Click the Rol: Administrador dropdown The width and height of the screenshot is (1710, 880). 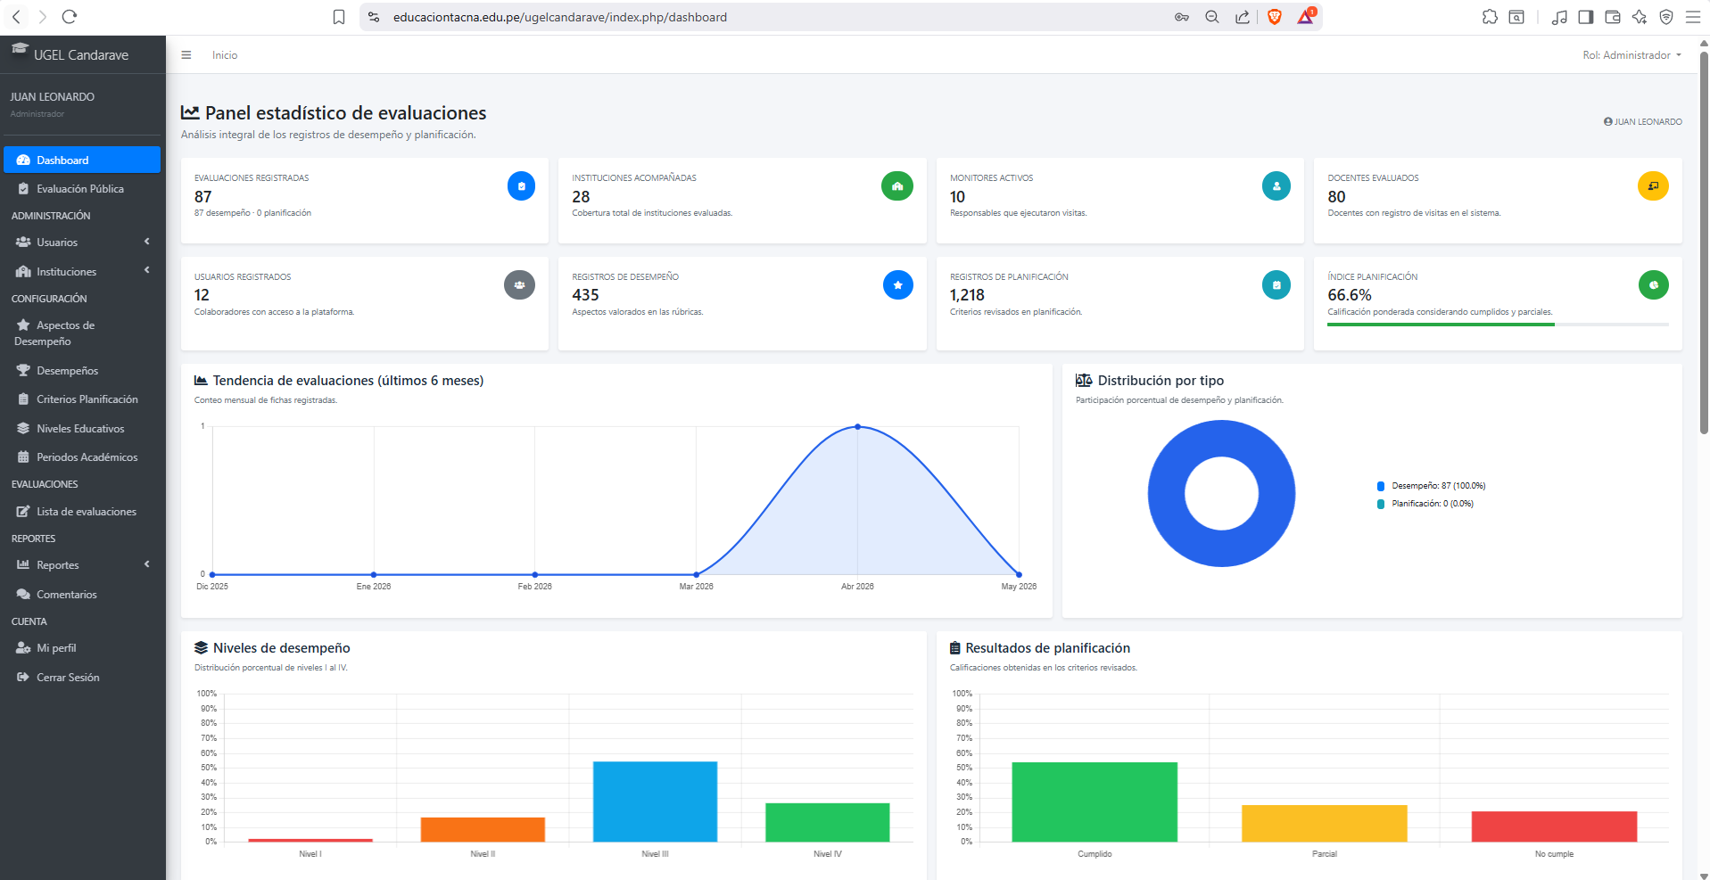1632,55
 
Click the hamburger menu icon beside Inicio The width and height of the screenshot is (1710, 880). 186,55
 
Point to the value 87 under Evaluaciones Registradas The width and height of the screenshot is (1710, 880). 203,197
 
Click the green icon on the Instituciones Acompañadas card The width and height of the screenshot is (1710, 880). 897,186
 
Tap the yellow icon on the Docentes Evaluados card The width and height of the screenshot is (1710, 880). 1653,186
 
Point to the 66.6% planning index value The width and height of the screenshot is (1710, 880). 1350,295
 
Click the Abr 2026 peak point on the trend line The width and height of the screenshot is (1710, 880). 858,427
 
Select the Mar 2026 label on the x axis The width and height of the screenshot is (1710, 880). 696,587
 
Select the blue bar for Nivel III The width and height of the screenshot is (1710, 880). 655,802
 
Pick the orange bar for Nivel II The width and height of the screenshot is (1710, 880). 483,829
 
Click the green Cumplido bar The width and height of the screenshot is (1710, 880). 1095,802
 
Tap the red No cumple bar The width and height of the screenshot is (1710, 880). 1554,827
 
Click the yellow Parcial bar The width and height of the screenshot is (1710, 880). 1325,823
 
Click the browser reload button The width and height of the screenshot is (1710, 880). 70,17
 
